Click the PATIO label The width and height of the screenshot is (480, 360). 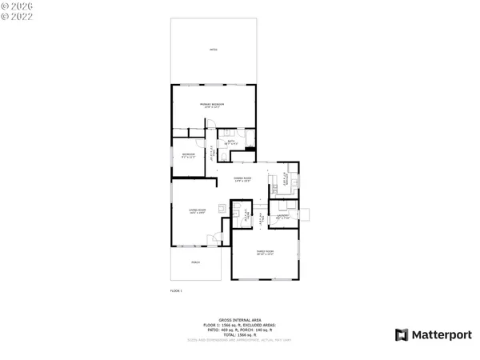[x=213, y=50]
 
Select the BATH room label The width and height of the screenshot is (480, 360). [x=230, y=142]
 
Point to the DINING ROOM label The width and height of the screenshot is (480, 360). [x=243, y=178]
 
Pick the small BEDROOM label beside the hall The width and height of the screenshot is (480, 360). [x=189, y=154]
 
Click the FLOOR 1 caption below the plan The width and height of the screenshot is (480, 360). [x=176, y=290]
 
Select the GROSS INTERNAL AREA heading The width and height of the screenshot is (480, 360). [x=239, y=318]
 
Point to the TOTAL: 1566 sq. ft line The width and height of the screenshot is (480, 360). [x=239, y=335]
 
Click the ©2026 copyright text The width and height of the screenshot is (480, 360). [x=15, y=6]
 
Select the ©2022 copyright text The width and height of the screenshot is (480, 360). [x=15, y=15]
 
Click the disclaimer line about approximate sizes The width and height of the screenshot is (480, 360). [x=239, y=342]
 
